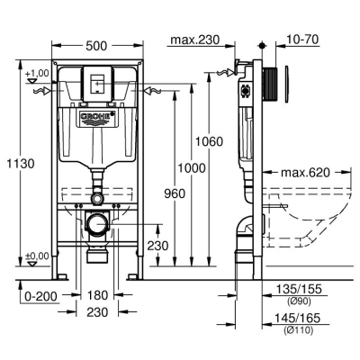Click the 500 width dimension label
pyautogui.click(x=96, y=46)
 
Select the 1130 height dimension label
pyautogui.click(x=21, y=164)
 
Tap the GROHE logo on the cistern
pyautogui.click(x=97, y=118)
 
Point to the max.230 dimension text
pyautogui.click(x=195, y=40)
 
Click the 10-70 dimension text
pyautogui.click(x=302, y=40)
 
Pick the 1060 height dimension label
pyautogui.click(x=210, y=141)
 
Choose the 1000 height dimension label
pyautogui.click(x=192, y=168)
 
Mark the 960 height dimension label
pyautogui.click(x=175, y=193)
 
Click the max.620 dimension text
pyautogui.click(x=305, y=173)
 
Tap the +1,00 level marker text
pyautogui.click(x=37, y=73)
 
